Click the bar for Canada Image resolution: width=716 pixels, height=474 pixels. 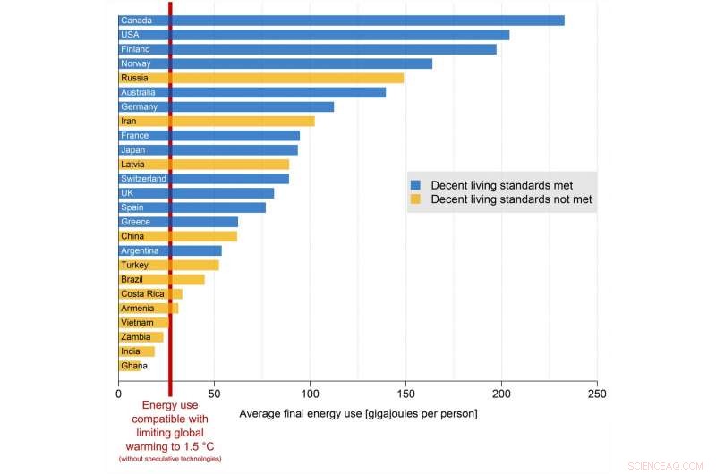pos(340,21)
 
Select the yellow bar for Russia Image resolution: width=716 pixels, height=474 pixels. pos(260,78)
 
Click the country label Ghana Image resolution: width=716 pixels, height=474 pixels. pos(134,366)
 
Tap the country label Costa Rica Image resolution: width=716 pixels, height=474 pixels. pos(142,294)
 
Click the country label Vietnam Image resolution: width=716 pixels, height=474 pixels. pos(137,323)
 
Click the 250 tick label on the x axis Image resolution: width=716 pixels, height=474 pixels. pos(597,393)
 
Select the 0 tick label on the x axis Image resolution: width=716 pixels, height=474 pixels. pos(119,393)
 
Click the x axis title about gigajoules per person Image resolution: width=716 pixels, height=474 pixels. pos(358,414)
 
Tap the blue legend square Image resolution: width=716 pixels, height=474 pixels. pos(415,184)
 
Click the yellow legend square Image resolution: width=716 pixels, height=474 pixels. pos(415,199)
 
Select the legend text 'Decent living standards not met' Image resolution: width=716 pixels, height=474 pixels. pos(511,199)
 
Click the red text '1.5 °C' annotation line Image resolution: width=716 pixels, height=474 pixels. pos(170,445)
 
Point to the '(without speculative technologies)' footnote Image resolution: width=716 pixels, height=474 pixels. pos(170,459)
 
